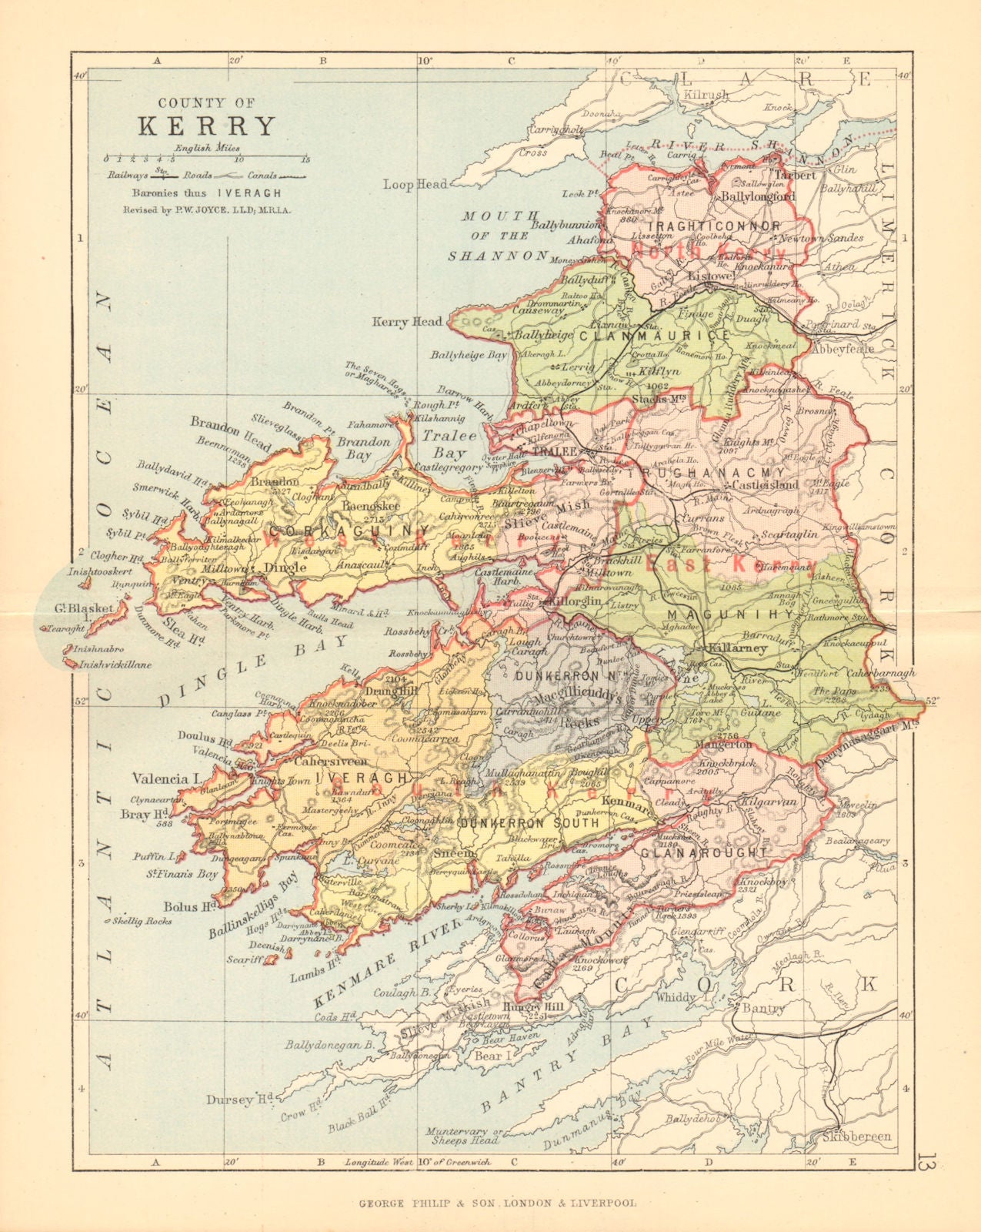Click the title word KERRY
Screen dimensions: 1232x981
click(206, 126)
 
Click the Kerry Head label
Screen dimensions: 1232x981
click(407, 322)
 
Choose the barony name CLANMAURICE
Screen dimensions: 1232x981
click(655, 336)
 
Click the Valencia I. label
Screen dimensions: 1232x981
click(160, 778)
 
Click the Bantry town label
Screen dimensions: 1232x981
click(762, 1008)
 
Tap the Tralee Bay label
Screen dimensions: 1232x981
click(440, 444)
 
